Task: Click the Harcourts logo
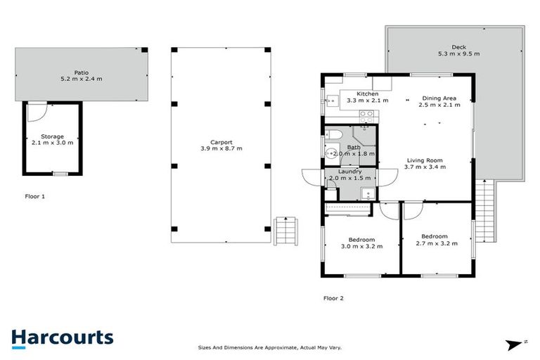(62, 337)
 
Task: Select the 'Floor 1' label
(34, 197)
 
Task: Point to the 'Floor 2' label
(333, 298)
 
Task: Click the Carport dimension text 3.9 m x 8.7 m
(221, 149)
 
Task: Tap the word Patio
(83, 72)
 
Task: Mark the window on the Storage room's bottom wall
(60, 174)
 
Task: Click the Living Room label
(425, 160)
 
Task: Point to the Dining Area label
(439, 98)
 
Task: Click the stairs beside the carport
(285, 230)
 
